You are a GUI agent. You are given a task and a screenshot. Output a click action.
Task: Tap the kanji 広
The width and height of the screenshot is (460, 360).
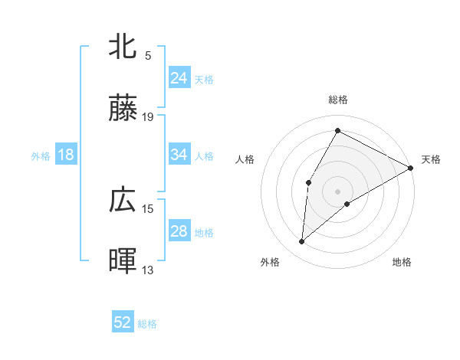click(123, 200)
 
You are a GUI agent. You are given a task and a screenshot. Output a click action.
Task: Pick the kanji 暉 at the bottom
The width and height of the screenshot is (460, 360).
click(123, 261)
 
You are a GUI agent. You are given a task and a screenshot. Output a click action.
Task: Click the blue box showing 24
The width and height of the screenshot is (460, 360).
click(179, 78)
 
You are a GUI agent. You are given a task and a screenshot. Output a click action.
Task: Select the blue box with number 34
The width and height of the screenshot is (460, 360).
click(179, 155)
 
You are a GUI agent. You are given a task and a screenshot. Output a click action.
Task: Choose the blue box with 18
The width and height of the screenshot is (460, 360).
click(66, 155)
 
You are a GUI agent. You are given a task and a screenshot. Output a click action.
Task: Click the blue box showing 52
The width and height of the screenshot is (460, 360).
click(123, 322)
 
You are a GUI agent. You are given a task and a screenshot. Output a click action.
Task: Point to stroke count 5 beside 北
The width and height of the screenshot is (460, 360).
click(148, 55)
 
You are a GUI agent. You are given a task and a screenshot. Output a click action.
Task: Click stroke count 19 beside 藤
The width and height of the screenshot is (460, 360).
click(149, 117)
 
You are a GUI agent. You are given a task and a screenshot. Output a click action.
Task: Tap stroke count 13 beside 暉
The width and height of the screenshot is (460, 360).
click(149, 270)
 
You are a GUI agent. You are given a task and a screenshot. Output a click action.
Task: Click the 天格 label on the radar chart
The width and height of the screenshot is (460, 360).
click(432, 159)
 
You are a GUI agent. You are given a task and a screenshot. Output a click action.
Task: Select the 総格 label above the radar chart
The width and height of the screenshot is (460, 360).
click(338, 100)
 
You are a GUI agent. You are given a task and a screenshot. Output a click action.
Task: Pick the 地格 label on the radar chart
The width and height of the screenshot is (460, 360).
click(402, 263)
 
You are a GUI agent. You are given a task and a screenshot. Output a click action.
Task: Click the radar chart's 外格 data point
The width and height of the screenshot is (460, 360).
click(302, 242)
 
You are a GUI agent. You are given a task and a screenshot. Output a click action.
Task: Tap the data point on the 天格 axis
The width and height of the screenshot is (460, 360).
click(411, 168)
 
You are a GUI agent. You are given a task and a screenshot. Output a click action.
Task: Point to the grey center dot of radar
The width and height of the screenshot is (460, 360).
click(337, 191)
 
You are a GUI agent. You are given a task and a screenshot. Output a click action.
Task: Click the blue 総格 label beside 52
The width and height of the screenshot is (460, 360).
click(147, 324)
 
